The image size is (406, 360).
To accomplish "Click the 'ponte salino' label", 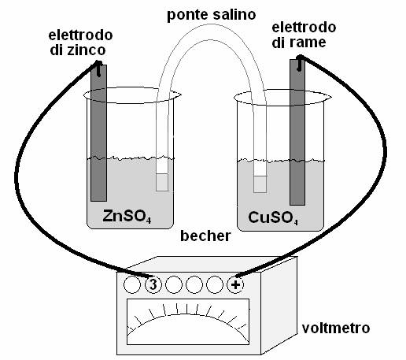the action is click(212, 15).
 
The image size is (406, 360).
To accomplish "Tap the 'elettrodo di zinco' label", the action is click(81, 43).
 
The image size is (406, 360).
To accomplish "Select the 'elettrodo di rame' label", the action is click(304, 35).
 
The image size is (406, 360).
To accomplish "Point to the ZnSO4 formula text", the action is click(127, 217).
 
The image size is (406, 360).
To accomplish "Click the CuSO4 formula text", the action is click(273, 218).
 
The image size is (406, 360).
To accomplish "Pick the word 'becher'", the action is click(205, 236).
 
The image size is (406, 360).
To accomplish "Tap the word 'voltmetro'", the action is click(336, 328).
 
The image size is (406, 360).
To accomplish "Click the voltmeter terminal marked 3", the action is click(153, 284).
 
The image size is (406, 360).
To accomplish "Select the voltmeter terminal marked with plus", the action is click(235, 284).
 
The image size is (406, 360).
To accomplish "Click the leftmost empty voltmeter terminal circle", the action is click(132, 284).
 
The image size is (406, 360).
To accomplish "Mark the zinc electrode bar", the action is click(98, 133).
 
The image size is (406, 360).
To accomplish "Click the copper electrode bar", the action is click(297, 132).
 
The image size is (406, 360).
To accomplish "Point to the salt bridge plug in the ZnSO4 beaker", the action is click(162, 182).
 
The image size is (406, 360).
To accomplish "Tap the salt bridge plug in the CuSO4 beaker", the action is click(260, 184).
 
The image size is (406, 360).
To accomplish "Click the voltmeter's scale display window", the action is click(188, 321).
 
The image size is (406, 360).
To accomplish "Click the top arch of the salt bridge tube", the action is click(212, 32).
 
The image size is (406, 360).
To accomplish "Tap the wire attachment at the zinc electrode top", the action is click(98, 69).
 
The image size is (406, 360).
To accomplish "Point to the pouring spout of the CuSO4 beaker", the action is click(327, 98).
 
